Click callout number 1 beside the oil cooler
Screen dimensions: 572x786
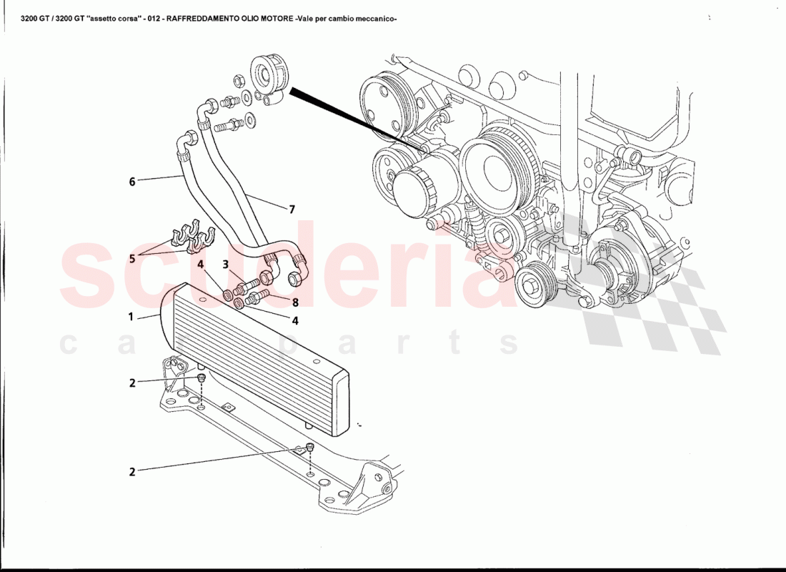pos(131,315)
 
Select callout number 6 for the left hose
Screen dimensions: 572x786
pos(132,182)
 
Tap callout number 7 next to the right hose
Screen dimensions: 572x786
pos(292,209)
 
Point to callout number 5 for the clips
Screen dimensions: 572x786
pos(131,258)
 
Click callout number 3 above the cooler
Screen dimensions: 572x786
pos(225,265)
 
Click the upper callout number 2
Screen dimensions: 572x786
pos(132,383)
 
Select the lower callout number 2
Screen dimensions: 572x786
pos(132,471)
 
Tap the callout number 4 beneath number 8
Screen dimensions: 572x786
pos(294,321)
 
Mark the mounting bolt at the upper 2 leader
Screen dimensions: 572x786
pos(202,377)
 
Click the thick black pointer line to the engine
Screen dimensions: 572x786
pos(350,114)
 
